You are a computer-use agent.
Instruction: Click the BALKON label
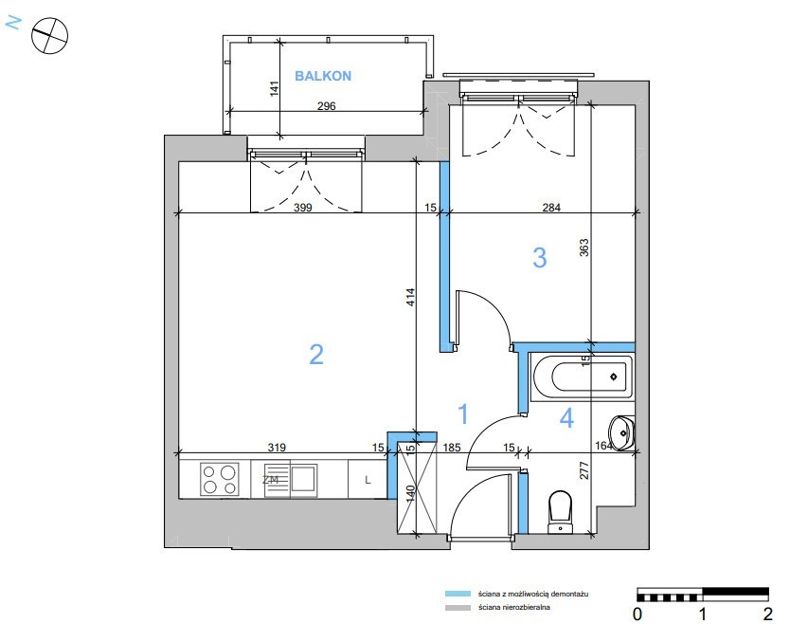323,76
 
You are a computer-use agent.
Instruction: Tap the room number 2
315,354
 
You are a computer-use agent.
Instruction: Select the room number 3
540,257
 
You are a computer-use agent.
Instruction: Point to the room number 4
566,417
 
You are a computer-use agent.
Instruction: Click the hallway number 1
463,413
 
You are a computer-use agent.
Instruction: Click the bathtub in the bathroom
582,377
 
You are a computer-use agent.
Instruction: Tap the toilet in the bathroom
560,511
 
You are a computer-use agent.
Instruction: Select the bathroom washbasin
621,432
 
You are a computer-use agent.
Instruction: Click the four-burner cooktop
219,479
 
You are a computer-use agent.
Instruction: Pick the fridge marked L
368,479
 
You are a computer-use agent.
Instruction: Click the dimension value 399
303,208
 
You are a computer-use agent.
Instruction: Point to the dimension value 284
551,208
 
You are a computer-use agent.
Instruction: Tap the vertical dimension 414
410,297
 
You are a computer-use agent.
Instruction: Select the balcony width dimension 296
327,106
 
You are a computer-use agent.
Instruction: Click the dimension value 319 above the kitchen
277,448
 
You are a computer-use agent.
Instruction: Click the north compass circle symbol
49,35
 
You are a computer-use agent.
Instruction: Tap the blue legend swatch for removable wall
458,594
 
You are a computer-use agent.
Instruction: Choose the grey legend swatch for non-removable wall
458,607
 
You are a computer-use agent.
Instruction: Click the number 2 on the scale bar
767,614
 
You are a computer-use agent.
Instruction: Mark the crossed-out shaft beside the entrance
417,487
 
